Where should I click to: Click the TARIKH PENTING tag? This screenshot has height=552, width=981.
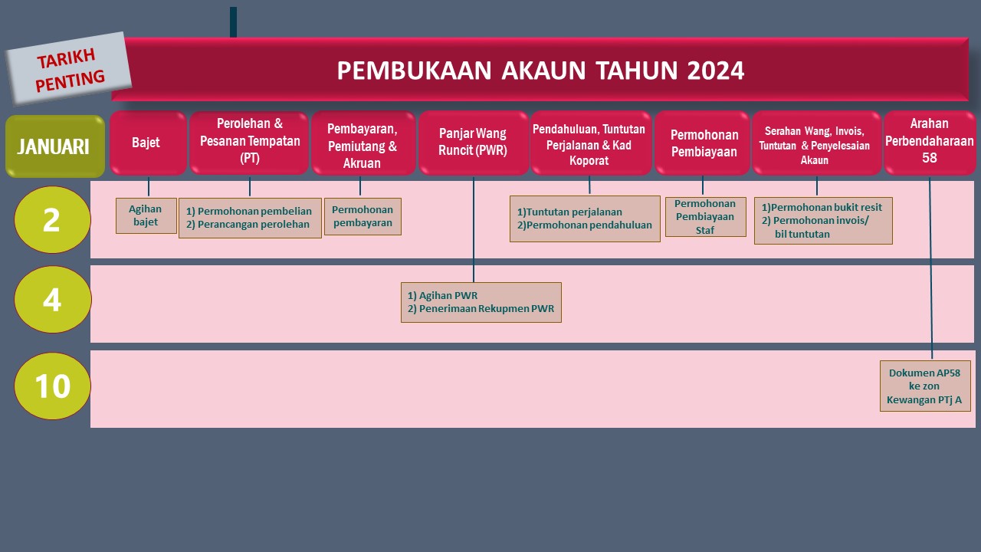coord(70,68)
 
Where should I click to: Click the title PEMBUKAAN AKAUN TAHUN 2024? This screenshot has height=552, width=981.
coord(540,71)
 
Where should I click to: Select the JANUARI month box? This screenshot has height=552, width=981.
coord(54,146)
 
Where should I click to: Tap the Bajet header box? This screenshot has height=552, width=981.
coord(147,143)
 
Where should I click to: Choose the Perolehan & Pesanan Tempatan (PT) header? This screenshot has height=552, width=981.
coord(249,143)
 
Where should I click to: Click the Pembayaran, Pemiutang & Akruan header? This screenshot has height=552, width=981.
coord(363,144)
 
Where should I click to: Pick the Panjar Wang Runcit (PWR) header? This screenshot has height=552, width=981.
coord(473,143)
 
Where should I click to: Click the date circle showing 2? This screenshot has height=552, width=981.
coord(52,220)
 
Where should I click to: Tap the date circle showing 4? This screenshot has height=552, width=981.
coord(52,300)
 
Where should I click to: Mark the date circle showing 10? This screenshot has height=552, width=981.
coord(52,386)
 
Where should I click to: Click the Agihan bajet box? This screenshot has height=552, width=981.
coord(146,215)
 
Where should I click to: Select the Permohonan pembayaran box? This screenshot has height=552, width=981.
coord(363,216)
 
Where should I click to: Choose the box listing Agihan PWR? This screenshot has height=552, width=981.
coord(481,302)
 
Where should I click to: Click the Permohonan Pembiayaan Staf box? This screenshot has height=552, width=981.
coord(705,216)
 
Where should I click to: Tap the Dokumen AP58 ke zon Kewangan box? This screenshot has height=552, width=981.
coord(924,386)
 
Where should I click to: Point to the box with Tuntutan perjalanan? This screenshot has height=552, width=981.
coord(585,219)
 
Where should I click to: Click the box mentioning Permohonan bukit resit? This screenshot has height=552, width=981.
coord(823,221)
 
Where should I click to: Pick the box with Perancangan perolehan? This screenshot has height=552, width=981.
coord(250,218)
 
